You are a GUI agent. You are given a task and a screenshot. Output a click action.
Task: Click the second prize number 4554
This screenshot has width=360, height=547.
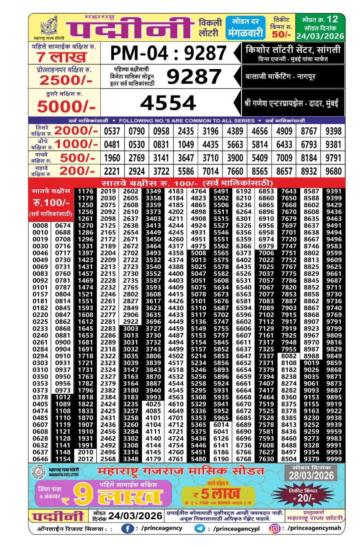coord(168,103)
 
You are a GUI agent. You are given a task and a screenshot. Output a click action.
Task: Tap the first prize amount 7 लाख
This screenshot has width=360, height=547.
coord(62,57)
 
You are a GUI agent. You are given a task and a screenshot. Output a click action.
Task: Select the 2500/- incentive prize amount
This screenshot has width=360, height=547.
coord(66,80)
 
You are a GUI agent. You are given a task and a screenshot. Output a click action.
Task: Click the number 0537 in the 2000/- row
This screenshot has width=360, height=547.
coord(112,131)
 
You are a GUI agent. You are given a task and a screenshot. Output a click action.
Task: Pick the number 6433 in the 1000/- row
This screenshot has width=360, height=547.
coord(284,145)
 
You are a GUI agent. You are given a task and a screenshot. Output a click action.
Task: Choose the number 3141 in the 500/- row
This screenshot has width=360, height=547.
coord(161,158)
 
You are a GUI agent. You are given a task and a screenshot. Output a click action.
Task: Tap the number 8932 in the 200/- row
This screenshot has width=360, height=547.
coord(309,171)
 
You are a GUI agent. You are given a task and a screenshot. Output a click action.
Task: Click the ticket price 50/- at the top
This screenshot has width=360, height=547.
coord(281,34)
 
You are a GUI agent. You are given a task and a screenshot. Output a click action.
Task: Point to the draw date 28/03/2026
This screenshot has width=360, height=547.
coord(312,476)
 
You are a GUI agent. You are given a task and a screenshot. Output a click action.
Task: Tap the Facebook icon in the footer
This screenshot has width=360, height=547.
coord(127,529)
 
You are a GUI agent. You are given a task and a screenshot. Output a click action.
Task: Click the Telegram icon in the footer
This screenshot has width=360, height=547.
coord(200,529)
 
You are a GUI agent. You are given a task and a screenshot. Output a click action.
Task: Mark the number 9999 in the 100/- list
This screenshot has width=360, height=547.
coord(334,459)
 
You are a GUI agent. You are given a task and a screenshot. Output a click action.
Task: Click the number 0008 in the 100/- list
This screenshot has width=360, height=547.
coord(40,226)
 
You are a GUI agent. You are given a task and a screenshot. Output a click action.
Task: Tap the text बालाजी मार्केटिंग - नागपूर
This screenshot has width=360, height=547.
coord(280,77)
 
